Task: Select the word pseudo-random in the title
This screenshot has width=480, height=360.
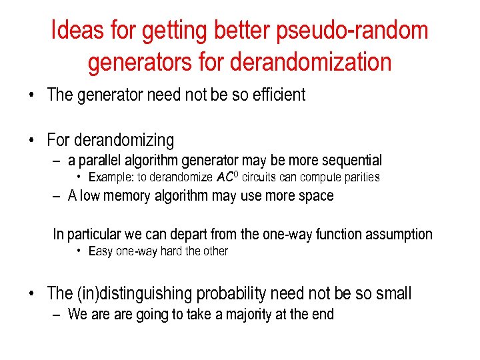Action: pos(359,31)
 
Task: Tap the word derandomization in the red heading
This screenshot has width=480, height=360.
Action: pos(310,63)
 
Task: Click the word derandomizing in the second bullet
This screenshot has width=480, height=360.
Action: pos(125,141)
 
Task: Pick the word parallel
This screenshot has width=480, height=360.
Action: pos(100,161)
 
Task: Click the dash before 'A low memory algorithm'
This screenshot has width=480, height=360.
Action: pos(58,196)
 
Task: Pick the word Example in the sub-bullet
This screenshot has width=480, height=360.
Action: pos(110,177)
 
